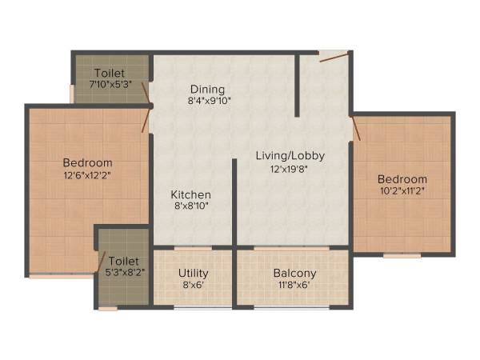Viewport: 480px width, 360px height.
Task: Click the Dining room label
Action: [x=207, y=89]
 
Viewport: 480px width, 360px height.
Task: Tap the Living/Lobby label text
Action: [x=290, y=155]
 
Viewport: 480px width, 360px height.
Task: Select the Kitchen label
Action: [x=191, y=194]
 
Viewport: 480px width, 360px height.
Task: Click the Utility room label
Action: [x=193, y=273]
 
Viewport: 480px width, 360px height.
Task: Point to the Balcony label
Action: [x=293, y=273]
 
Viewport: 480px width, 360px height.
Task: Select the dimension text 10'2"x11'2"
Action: [x=402, y=191]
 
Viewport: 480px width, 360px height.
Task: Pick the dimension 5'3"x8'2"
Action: [x=124, y=273]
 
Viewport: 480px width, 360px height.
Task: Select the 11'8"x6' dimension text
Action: [x=293, y=284]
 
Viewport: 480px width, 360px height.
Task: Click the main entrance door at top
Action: [x=333, y=56]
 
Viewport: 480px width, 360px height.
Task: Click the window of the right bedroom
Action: [x=402, y=256]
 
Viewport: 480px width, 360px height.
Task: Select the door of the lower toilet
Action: [x=102, y=262]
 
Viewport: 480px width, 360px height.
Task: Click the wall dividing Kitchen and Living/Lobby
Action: [x=234, y=200]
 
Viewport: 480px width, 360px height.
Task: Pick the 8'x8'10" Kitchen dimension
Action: [x=191, y=206]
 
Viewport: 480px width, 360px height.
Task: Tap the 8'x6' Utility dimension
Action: [x=193, y=284]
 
